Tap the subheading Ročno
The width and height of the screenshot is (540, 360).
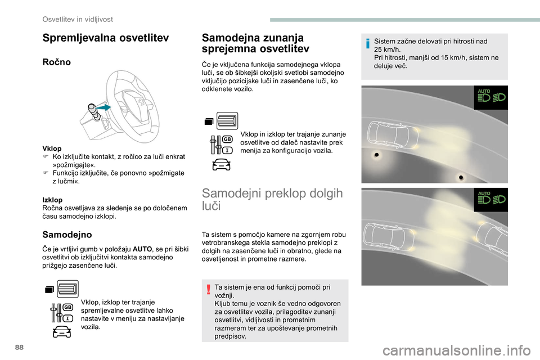coord(56,62)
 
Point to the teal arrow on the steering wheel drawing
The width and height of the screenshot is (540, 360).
coord(103,107)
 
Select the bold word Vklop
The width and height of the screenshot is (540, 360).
coord(51,148)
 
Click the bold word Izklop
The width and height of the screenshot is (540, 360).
coord(52,200)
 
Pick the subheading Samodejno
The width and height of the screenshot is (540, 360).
coord(66,233)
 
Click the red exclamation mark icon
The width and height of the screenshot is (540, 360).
coord(209,290)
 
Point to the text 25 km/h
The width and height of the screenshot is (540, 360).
coord(386,49)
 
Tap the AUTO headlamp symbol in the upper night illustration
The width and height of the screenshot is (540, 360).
coord(491,97)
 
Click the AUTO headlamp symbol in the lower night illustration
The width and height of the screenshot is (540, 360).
coord(491,199)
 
